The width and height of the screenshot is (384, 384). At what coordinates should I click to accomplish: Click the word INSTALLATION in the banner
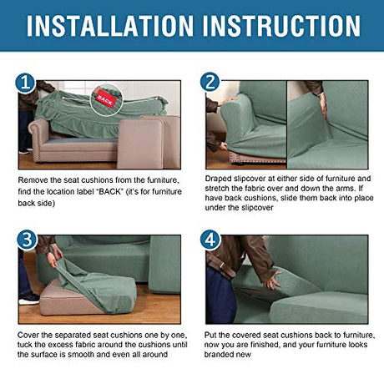[110, 26]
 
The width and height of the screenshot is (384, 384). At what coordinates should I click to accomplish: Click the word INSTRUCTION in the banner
[281, 26]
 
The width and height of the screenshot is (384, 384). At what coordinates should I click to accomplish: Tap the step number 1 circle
[25, 83]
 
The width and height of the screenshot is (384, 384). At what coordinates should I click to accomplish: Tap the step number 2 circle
[210, 82]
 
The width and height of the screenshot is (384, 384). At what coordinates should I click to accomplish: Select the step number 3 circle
[27, 240]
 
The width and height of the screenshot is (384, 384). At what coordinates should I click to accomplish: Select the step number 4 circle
[210, 240]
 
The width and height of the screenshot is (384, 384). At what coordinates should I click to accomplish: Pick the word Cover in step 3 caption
[28, 335]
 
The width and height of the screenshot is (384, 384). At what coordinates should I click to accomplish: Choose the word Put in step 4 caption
[210, 335]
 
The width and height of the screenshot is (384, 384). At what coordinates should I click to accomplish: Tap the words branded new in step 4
[227, 355]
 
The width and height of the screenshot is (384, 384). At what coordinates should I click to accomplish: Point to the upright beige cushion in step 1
[140, 144]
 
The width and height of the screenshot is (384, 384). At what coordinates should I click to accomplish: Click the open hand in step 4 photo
[272, 280]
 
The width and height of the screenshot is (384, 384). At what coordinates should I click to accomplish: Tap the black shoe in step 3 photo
[29, 299]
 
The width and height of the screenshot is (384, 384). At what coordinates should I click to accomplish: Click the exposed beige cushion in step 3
[69, 299]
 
